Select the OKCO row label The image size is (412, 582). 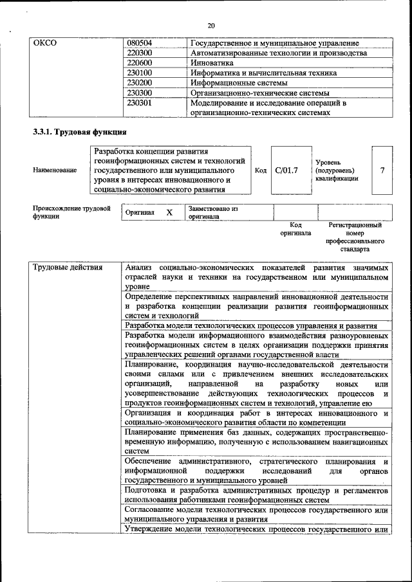pos(45,43)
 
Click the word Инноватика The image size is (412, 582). pos(212,63)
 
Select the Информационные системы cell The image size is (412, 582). pos(239,83)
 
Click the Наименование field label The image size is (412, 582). pos(54,170)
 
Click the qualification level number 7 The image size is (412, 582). pos(382,170)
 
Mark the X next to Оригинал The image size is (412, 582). pos(169,212)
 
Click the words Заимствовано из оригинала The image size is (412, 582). pos(213,213)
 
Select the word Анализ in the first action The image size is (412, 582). pos(138,267)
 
